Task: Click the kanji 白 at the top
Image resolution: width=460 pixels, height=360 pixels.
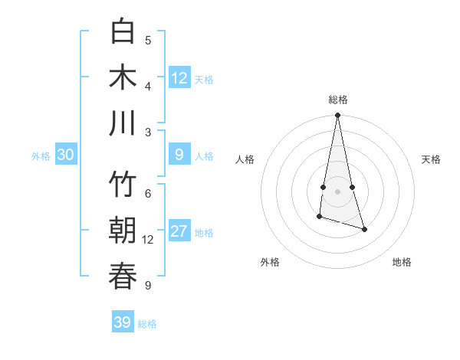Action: coord(123,32)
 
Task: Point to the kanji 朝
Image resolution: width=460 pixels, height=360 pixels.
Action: coord(123,231)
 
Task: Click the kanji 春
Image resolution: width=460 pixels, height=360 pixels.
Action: coord(123,276)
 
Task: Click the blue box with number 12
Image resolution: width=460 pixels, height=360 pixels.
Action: coord(179,78)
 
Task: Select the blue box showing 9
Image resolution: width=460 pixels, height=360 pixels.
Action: coord(179,155)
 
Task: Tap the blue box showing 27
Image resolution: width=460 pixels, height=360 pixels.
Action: coord(179,232)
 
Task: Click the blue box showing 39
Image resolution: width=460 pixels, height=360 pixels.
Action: coord(123,322)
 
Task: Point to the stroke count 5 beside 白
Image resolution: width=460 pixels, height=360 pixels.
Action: coord(148,41)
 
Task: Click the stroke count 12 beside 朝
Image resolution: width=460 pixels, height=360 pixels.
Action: coord(148,240)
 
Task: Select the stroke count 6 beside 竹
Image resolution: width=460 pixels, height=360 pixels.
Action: coord(148,194)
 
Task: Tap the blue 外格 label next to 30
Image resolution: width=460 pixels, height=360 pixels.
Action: coord(41,156)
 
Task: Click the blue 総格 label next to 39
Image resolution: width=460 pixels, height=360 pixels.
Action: coord(147,323)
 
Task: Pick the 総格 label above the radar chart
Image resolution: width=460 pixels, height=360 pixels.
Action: coord(338,100)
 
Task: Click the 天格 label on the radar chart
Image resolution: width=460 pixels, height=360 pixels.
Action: coord(431,159)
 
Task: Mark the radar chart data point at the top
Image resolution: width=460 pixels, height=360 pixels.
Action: coord(337,116)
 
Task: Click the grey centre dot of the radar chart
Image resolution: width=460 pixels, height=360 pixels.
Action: coord(337,191)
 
